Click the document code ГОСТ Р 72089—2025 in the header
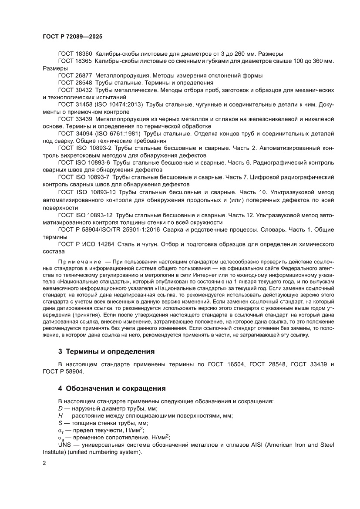(73, 37)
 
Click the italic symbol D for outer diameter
(60, 408)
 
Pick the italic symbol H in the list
(60, 415)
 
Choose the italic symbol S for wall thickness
(60, 423)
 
